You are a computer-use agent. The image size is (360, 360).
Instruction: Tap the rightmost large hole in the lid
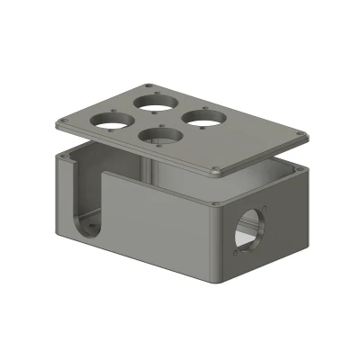[203, 116]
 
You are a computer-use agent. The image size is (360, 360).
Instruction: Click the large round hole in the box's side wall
[247, 229]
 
